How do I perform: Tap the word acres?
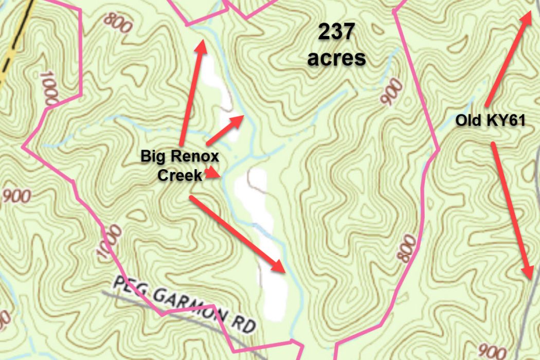click(337, 58)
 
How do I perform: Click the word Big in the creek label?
click(153, 156)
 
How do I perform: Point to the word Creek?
click(179, 175)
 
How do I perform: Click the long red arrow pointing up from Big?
click(191, 93)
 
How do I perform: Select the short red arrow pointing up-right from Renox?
click(225, 130)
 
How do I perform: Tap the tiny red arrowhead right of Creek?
click(212, 173)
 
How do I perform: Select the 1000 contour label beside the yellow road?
click(48, 88)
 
